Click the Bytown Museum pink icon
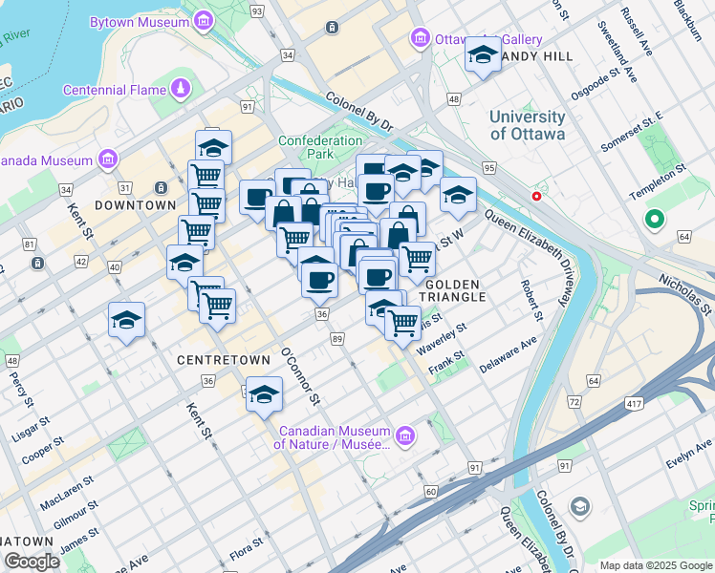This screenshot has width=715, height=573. tap(203, 21)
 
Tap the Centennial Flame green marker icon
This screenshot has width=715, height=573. tap(181, 90)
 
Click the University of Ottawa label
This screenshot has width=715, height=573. tap(527, 125)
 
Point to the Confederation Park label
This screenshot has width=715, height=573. tap(320, 147)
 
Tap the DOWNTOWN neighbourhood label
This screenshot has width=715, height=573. tap(135, 205)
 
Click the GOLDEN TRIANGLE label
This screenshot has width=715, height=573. tap(455, 291)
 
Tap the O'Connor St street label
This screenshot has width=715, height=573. tap(300, 372)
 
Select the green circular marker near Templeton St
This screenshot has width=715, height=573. tap(655, 221)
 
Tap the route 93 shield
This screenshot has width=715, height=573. tap(256, 11)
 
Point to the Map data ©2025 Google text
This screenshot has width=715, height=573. tap(656, 565)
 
